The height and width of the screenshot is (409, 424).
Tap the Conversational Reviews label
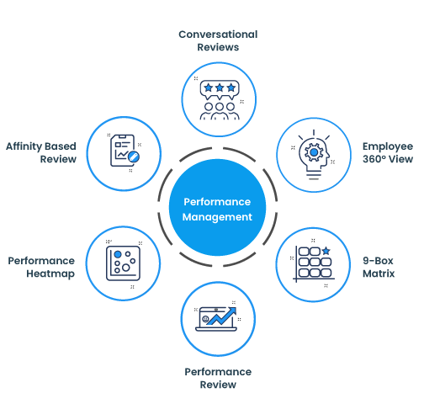coord(218,41)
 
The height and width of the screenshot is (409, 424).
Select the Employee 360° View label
coord(387,152)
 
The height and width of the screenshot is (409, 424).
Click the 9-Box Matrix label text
coord(379,267)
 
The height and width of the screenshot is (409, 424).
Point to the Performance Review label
coord(218,378)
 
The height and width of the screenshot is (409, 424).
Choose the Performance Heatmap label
coord(41,267)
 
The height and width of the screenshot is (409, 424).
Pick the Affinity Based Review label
coord(41,152)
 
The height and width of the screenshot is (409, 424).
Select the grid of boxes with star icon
coord(312,263)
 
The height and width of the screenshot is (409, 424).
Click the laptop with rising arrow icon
coord(218,319)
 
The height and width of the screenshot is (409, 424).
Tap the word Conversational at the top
coord(218,35)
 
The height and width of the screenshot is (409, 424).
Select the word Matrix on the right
coord(379,274)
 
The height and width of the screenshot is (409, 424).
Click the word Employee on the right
coord(388,146)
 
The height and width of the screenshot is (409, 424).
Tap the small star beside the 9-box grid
coord(326,251)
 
